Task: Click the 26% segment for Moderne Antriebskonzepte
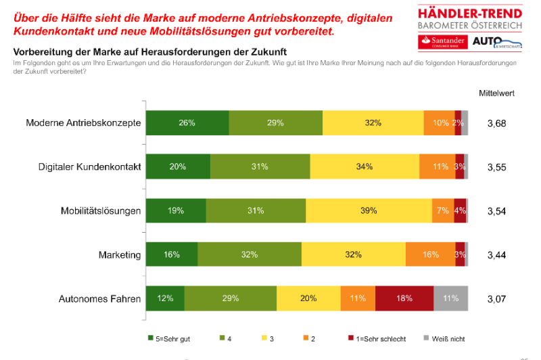coord(187,123)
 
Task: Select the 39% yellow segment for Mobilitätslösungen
coord(369,210)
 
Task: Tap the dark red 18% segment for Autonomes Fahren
coord(404,298)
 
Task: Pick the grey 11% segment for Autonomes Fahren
coord(450,298)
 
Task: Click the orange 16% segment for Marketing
coord(430,254)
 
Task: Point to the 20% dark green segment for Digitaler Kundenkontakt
coord(179,166)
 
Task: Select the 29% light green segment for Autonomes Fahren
coord(231,298)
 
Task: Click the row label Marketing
coord(119,255)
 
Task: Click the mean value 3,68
coord(496,123)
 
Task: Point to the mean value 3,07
coord(496,298)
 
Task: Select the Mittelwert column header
coord(496,93)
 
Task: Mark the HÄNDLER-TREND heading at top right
coord(471,14)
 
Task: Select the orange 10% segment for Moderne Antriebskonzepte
coord(440,123)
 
